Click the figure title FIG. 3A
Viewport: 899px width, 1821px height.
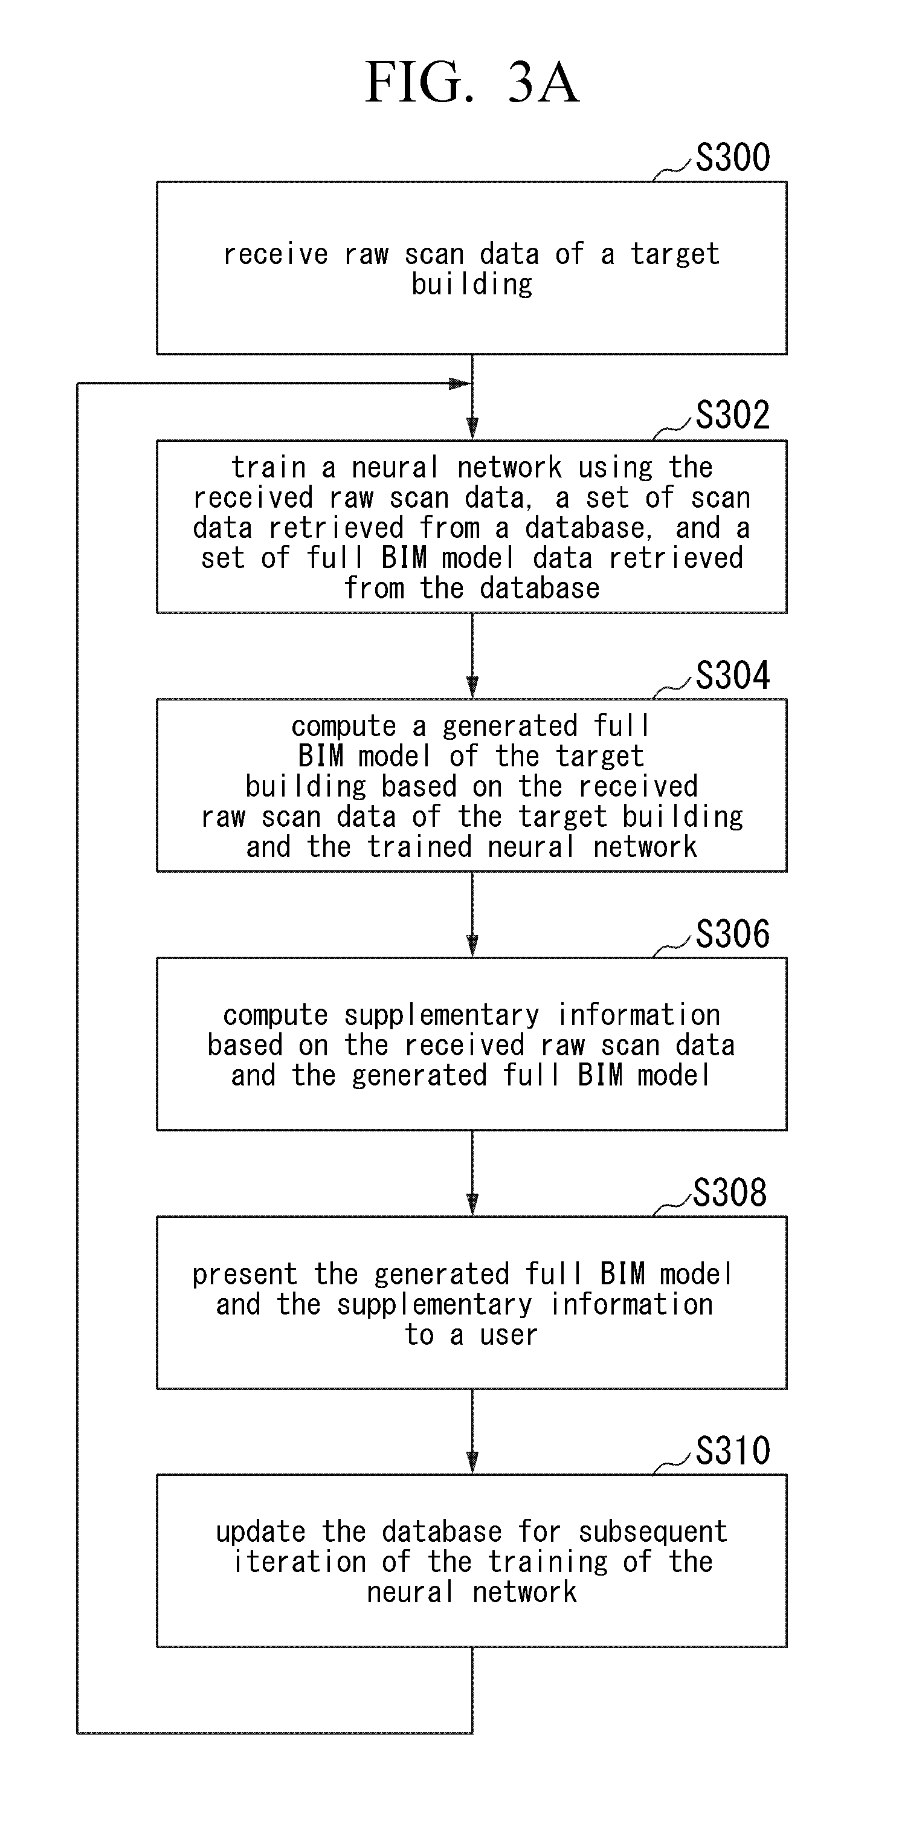click(472, 82)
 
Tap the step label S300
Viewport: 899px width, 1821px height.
click(733, 157)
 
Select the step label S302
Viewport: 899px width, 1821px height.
click(733, 415)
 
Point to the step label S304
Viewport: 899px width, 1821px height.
click(733, 675)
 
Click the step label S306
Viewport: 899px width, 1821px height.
click(733, 934)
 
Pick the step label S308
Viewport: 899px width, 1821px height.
click(730, 1192)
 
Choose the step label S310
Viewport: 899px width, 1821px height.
click(733, 1451)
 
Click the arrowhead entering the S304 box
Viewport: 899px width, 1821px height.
click(472, 687)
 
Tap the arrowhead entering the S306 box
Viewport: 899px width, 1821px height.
click(472, 946)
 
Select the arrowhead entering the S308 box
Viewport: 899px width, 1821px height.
click(472, 1205)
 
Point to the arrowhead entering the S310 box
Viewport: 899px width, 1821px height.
click(472, 1463)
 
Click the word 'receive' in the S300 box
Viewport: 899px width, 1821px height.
click(275, 254)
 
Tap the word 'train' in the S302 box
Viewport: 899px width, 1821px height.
click(269, 468)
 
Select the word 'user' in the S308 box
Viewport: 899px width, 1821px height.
click(509, 1334)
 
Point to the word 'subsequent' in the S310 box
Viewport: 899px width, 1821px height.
click(653, 1533)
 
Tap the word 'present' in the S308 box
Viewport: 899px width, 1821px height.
click(245, 1275)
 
